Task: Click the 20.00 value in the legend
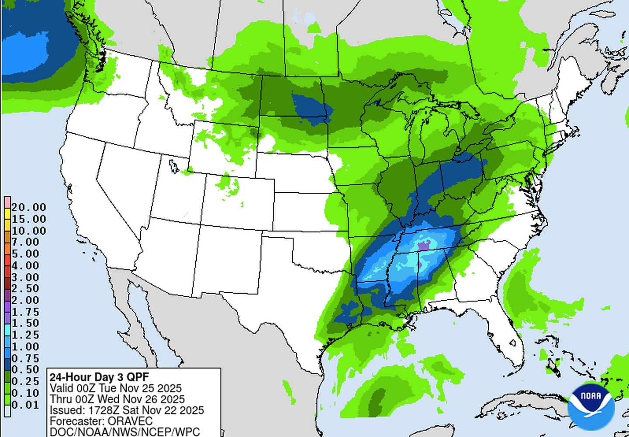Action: (28, 207)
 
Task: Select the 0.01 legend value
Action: (25, 405)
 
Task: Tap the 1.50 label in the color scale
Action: (25, 323)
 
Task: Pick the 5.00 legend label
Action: (25, 253)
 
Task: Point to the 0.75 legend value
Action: (25, 358)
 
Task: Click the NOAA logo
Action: (591, 407)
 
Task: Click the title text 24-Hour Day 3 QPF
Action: (99, 377)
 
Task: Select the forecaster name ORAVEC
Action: (130, 421)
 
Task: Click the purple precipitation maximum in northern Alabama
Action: (423, 246)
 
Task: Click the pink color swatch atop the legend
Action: (7, 202)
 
